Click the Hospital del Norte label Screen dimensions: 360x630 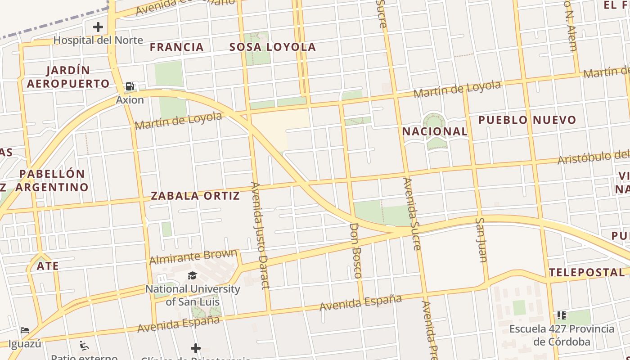[98, 40]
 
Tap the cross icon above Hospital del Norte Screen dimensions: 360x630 [98, 27]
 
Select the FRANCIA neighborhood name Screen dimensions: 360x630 [177, 47]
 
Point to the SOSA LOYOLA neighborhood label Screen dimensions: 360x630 [273, 47]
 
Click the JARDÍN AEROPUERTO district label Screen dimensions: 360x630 [68, 77]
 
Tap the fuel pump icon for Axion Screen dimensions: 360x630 [130, 86]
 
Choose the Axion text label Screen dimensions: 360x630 [130, 100]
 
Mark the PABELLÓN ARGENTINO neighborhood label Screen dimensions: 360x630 [53, 180]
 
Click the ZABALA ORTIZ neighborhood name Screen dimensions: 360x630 [195, 196]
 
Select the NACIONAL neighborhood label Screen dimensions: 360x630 [435, 131]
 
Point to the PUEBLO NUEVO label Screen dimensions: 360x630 [527, 120]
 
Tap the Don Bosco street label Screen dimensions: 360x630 [355, 250]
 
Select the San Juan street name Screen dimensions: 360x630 [481, 239]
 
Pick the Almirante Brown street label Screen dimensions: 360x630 [193, 257]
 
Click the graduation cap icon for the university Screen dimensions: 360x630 [193, 275]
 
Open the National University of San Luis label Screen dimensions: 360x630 [193, 295]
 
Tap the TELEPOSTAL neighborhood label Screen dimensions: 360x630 [587, 272]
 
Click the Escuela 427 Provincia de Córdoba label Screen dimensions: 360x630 [562, 335]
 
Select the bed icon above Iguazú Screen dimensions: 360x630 [25, 330]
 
